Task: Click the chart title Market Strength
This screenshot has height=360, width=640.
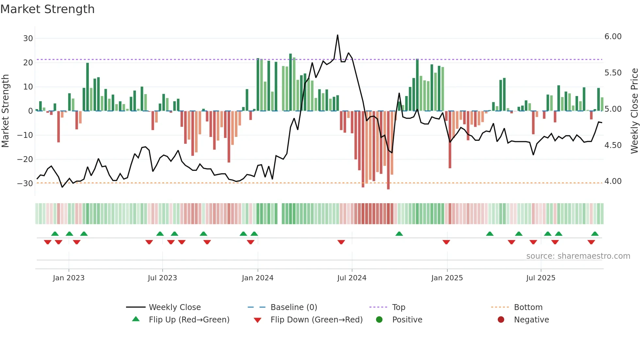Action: click(x=47, y=9)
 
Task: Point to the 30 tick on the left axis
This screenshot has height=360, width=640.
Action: click(x=28, y=39)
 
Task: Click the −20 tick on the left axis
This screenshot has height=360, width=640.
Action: click(x=25, y=159)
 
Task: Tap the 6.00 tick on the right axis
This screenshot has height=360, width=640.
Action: click(x=613, y=37)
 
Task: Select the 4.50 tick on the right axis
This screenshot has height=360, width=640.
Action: click(x=613, y=145)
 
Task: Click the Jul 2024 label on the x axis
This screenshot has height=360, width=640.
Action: click(x=352, y=278)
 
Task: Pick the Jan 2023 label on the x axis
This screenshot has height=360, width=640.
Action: click(x=69, y=278)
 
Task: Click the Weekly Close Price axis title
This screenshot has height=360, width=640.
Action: click(x=634, y=111)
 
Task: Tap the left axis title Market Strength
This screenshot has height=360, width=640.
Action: click(x=6, y=111)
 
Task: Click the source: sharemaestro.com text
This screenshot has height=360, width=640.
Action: click(x=578, y=256)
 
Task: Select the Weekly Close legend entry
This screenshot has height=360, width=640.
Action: click(x=175, y=307)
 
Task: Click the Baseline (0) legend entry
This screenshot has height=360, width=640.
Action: click(x=294, y=307)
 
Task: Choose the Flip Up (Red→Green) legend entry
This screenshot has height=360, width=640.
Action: click(x=189, y=320)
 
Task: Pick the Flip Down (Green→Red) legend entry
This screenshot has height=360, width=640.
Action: click(x=316, y=320)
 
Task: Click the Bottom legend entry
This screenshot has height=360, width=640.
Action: click(x=528, y=307)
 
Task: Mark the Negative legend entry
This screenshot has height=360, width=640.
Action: click(x=531, y=320)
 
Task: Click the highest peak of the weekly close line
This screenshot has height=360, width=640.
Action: click(x=337, y=35)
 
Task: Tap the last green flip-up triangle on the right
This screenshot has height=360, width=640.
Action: click(x=595, y=234)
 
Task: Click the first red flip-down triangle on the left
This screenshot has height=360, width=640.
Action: click(x=48, y=242)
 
